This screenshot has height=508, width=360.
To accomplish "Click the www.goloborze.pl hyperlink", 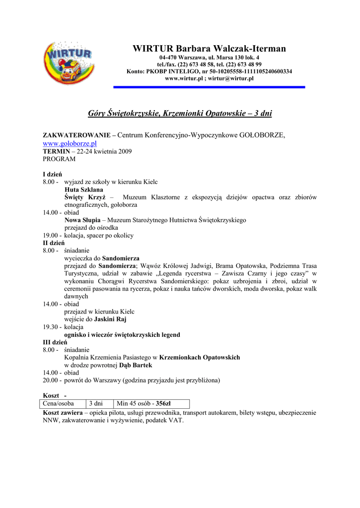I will coord(70,143).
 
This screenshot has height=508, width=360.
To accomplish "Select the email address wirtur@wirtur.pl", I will coord(231,78).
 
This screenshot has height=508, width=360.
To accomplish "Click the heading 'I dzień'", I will coord(52,174).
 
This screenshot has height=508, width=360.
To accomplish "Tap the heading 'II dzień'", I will coord(54,243).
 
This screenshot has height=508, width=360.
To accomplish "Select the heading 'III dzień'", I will coord(55,342).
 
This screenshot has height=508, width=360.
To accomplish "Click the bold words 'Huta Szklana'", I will coord(84,190).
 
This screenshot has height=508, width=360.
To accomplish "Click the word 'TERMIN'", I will coord(56,151).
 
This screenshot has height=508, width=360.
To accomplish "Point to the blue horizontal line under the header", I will coord(209,87).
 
